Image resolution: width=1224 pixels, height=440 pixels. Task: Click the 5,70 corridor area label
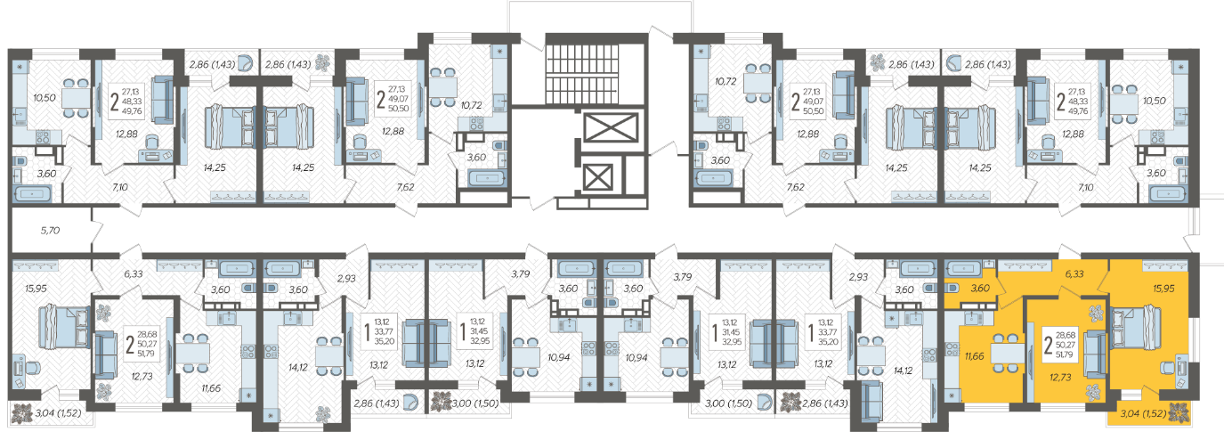50,231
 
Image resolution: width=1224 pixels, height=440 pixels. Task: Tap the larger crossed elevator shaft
611,128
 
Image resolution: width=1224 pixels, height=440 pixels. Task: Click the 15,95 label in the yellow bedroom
1163,289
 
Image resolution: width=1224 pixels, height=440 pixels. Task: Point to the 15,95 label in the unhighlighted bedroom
36,289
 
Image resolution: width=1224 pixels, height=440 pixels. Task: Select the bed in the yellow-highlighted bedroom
1136,327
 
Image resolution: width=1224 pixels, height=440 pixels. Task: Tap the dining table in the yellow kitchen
1007,353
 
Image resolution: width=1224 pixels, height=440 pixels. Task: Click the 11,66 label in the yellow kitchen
974,356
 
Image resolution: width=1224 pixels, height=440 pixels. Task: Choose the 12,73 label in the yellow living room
1060,377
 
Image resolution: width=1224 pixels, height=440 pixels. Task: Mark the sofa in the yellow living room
1095,354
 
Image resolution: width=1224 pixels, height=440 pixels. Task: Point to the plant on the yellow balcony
1179,413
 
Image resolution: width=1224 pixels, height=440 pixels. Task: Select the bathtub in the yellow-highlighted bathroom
965,268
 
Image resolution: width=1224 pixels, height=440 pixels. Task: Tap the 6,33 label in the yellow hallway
1074,273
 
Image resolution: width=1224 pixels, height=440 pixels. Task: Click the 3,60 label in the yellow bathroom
980,289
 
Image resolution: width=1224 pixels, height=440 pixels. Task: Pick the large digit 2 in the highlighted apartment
1048,345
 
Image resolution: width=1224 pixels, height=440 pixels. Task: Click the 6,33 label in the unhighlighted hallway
134,274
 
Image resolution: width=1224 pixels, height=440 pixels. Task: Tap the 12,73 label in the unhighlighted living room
142,377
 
